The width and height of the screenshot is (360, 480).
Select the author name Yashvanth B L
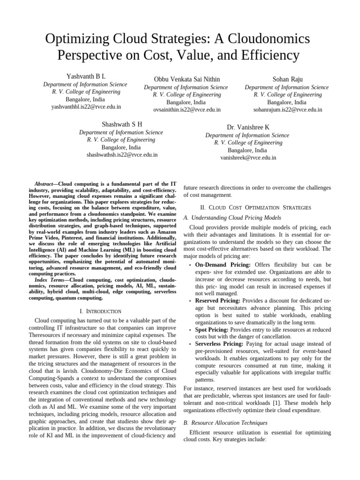(86, 76)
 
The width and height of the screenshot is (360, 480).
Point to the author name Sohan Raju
(287, 79)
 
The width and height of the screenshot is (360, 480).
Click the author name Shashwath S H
(122, 124)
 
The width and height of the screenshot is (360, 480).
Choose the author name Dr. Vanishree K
(248, 127)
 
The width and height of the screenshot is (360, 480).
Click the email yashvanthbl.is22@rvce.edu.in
(86, 107)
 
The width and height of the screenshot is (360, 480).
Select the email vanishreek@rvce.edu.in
(248, 158)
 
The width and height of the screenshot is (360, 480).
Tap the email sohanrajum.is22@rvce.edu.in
(287, 110)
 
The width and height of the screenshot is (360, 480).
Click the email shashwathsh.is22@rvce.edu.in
(122, 155)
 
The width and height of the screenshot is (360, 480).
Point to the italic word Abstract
(45, 184)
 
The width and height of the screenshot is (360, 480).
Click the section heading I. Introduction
(100, 311)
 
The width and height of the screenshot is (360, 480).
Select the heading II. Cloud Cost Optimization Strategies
(257, 207)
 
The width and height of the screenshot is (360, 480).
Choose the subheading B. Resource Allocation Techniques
(225, 423)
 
